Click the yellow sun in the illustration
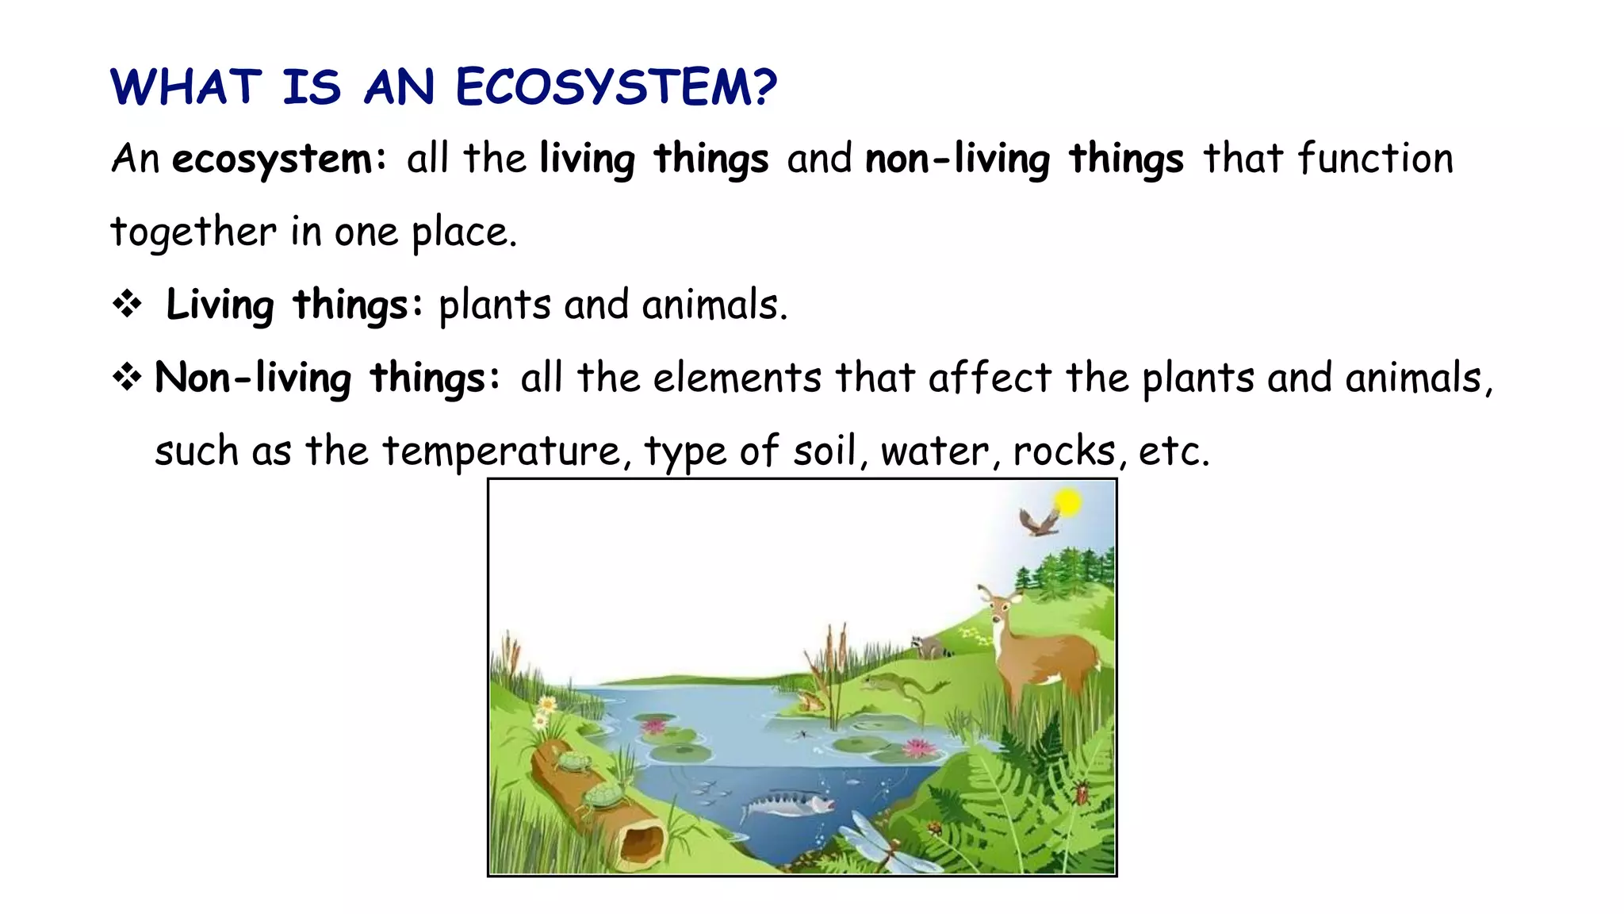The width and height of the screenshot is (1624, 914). tap(1067, 502)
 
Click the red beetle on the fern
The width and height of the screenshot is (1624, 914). tap(1082, 792)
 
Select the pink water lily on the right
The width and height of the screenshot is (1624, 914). tap(919, 747)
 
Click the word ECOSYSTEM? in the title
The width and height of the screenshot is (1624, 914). tap(616, 87)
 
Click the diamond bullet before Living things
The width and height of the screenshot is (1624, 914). tap(127, 304)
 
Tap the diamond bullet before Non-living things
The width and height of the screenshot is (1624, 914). tap(127, 377)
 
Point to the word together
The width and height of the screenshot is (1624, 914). tap(193, 232)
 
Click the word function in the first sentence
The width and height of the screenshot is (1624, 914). tap(1375, 159)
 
